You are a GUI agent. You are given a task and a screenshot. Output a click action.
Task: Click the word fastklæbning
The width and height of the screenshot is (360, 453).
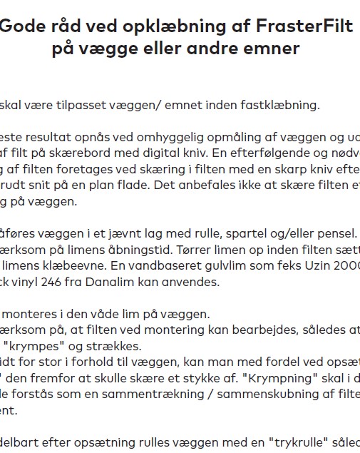click(281, 105)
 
